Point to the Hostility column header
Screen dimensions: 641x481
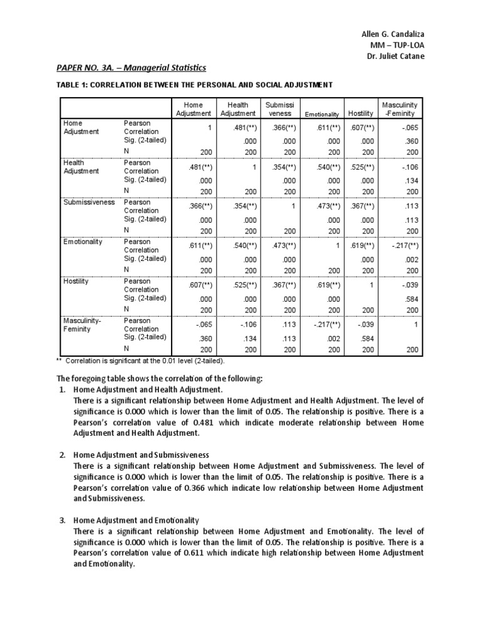pos(361,113)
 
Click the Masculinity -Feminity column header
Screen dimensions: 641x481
pos(399,109)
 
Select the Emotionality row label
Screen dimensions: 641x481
pos(83,242)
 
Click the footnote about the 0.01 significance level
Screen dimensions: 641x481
pos(140,361)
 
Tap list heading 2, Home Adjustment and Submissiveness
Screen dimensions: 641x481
pos(141,454)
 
